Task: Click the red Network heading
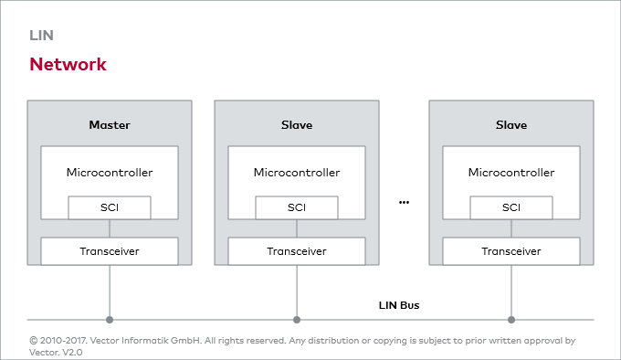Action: (x=68, y=65)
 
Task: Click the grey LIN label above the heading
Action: (x=42, y=36)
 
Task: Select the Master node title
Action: (x=110, y=124)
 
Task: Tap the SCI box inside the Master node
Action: (x=110, y=207)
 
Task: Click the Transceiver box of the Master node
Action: (x=110, y=250)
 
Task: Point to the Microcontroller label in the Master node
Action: (x=110, y=172)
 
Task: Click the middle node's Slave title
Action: (x=297, y=124)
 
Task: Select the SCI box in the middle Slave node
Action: (x=297, y=207)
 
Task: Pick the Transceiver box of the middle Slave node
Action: (x=297, y=250)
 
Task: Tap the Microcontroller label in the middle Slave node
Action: (x=297, y=172)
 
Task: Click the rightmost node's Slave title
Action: (x=511, y=124)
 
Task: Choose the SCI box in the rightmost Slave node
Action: (x=511, y=207)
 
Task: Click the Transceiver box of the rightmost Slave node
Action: (x=511, y=250)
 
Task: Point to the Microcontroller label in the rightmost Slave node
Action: (x=511, y=172)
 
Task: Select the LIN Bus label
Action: (x=399, y=304)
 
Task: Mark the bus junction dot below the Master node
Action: (x=110, y=320)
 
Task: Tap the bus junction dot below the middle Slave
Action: (x=297, y=320)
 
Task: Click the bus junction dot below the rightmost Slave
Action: (x=511, y=320)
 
